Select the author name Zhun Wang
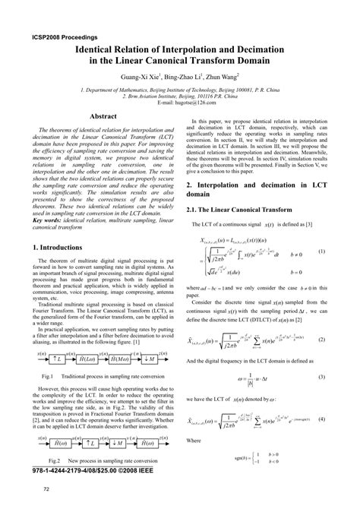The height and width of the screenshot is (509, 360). tap(219, 77)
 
